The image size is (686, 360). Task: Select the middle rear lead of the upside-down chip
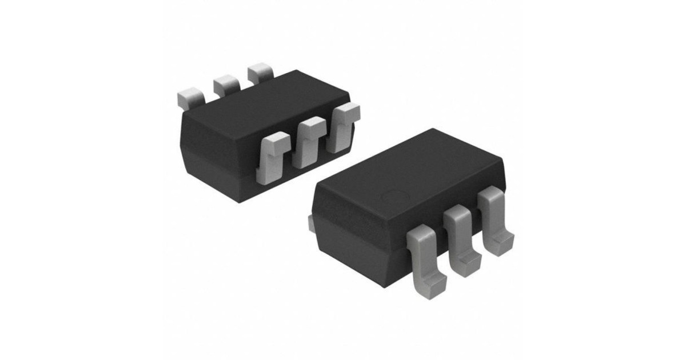point(225,85)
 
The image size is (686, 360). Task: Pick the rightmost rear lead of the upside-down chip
point(261,74)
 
